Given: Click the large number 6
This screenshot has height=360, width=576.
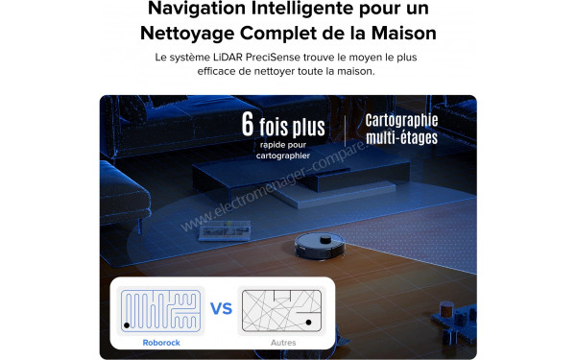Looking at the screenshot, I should tap(249, 125).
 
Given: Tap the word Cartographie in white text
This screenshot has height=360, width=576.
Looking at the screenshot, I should tap(401, 120).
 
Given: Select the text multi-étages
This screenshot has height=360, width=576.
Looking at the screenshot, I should tap(401, 138).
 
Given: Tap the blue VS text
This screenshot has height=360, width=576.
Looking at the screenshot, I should tap(222, 309).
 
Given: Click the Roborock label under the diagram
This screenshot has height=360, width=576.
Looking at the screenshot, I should tap(160, 342).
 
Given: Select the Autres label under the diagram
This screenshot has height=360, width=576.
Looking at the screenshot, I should tap(283, 342).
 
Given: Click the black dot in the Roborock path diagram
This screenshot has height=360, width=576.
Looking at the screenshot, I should tap(127, 326).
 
